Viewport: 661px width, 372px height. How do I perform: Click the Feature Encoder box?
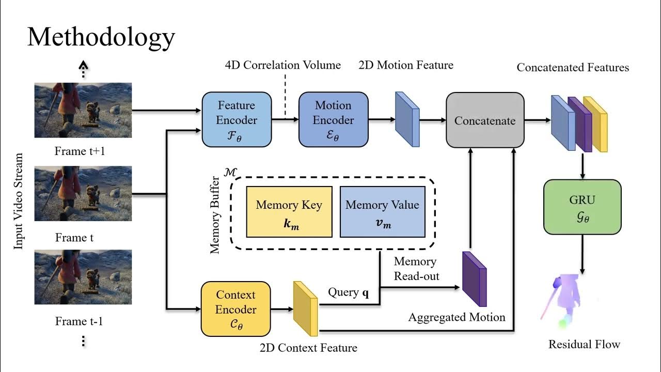(x=237, y=119)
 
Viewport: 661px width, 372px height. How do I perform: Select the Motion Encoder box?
(x=334, y=119)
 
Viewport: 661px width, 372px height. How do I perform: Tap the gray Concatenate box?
(x=485, y=120)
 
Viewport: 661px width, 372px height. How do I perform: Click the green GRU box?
(x=582, y=207)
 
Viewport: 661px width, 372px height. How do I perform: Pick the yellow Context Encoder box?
(x=235, y=309)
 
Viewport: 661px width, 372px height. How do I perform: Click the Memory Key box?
(x=289, y=212)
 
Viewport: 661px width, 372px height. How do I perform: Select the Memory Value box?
(x=382, y=212)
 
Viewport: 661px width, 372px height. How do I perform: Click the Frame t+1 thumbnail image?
(x=83, y=111)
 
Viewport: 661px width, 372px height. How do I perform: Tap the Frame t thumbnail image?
(x=83, y=193)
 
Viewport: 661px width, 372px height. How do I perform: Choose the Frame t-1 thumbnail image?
(x=83, y=277)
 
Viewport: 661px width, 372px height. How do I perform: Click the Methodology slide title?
(x=101, y=37)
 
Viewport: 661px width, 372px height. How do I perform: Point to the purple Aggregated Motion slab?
(x=474, y=279)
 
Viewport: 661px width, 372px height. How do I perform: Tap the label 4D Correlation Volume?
(x=282, y=65)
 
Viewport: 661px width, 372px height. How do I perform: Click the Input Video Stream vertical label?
(x=19, y=202)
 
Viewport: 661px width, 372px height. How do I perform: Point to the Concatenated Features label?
(x=573, y=68)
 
